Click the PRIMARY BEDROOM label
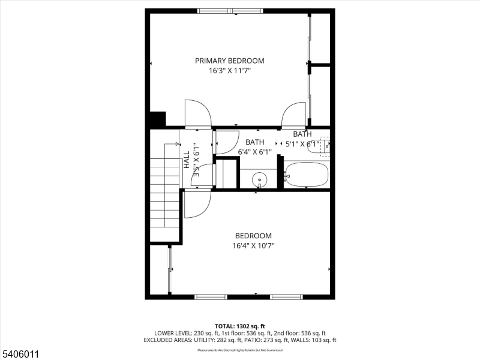click(x=230, y=61)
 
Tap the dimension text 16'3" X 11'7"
click(x=230, y=71)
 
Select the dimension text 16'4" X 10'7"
click(x=253, y=245)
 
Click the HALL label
click(x=187, y=159)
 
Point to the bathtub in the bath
click(x=307, y=175)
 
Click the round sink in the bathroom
click(x=259, y=179)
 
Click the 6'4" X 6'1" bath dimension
click(x=255, y=152)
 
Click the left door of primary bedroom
click(x=198, y=113)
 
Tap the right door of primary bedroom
click(x=295, y=115)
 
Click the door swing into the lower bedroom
click(x=197, y=204)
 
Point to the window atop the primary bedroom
click(x=230, y=10)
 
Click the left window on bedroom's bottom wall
click(x=211, y=296)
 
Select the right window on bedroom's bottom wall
click(x=286, y=296)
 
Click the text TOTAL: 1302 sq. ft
click(x=240, y=325)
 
